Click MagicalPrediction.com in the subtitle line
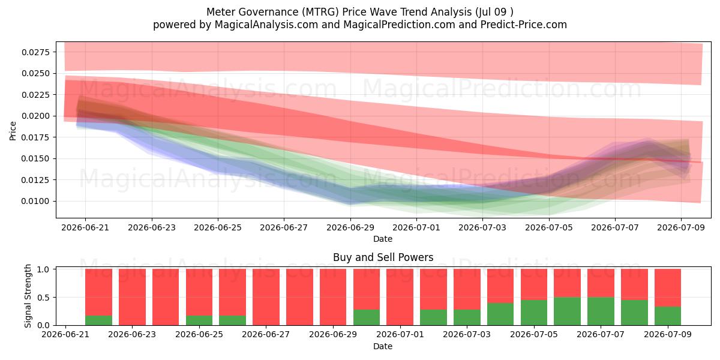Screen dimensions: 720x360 click(399, 25)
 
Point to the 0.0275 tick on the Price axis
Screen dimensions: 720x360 click(36, 52)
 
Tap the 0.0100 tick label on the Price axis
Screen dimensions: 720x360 click(36, 201)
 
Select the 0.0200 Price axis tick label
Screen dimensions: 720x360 click(36, 116)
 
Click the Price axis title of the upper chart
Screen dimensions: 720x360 click(13, 131)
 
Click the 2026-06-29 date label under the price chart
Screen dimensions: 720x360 click(350, 227)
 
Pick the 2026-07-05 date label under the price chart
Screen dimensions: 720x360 click(549, 227)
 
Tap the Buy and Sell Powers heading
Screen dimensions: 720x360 click(383, 257)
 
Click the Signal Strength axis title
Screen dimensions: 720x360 click(28, 296)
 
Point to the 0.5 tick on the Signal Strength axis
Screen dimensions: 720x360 click(43, 298)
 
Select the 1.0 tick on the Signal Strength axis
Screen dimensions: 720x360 click(43, 269)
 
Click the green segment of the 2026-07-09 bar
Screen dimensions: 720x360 click(668, 316)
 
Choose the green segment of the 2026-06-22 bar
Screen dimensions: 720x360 click(98, 320)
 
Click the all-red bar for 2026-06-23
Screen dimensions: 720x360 click(132, 297)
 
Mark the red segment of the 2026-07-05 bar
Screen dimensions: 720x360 click(534, 284)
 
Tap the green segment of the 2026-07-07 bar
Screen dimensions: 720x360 click(601, 311)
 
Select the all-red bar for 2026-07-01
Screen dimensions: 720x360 click(400, 297)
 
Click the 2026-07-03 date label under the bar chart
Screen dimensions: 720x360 click(467, 334)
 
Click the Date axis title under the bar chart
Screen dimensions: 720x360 click(383, 346)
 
